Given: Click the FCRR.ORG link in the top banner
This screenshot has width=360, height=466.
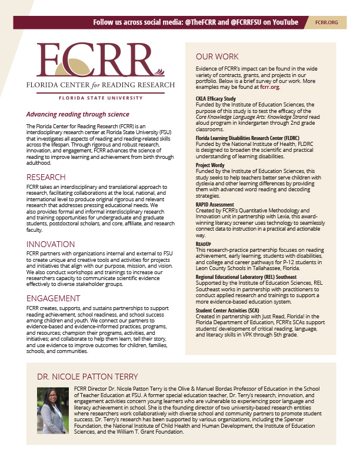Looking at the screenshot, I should click(326, 22).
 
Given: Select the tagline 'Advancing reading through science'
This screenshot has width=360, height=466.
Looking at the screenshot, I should click(78, 114).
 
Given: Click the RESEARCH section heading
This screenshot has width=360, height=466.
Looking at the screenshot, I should click(46, 177).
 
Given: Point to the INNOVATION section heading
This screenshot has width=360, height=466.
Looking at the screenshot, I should click(51, 244).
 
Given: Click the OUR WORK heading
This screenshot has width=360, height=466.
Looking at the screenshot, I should click(217, 57).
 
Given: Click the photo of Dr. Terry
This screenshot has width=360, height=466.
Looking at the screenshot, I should click(54, 411).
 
